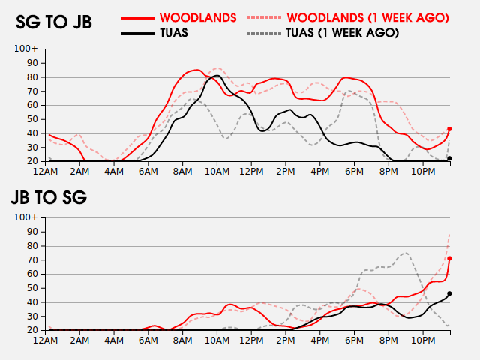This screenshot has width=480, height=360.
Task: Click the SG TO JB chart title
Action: pyautogui.click(x=54, y=22)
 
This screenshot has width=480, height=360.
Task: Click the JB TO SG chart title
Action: pyautogui.click(x=49, y=198)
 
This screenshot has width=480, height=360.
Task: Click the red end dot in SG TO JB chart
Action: pyautogui.click(x=449, y=129)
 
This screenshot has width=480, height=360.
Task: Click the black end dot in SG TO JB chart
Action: pyautogui.click(x=449, y=158)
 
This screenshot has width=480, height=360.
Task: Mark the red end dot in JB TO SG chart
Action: pyautogui.click(x=449, y=259)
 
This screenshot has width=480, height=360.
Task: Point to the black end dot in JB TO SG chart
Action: pyautogui.click(x=449, y=293)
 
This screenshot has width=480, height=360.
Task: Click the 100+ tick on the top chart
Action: pyautogui.click(x=26, y=49)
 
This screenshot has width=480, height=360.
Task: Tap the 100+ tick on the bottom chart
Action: pyautogui.click(x=26, y=217)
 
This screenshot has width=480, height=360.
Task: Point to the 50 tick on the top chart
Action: pyautogui.click(x=33, y=119)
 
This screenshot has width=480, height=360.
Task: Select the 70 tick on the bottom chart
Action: pyautogui.click(x=33, y=259)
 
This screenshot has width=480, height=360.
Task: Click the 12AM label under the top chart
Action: pyautogui.click(x=46, y=172)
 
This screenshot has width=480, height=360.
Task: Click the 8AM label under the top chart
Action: pyautogui.click(x=181, y=172)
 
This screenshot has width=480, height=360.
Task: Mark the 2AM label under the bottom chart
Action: pyautogui.click(x=80, y=340)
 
